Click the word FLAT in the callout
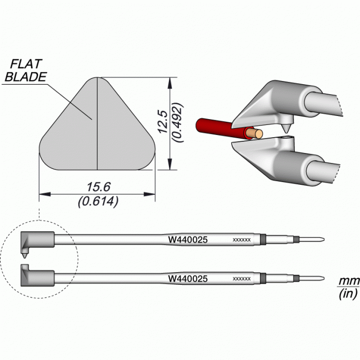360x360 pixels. coord(26,64)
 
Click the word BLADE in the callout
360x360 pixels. coord(26,77)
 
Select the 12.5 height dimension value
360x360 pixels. coord(163,122)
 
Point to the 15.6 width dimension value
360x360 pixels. coord(98,187)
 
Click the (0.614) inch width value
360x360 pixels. coord(98,201)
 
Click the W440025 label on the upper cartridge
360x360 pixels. coord(188,240)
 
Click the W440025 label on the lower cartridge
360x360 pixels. coord(188,278)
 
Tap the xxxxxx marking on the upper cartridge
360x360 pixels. coord(241,240)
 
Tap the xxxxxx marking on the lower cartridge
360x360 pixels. coord(241,279)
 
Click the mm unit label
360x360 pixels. coord(348,281)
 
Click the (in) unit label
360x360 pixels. coord(348,293)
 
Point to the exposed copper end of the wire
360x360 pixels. coord(254,133)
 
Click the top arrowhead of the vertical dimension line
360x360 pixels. coord(169,83)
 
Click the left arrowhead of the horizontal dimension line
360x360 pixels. coord(45,194)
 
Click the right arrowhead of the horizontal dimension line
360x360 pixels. coord(149,194)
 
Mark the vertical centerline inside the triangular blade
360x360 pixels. coord(97,123)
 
